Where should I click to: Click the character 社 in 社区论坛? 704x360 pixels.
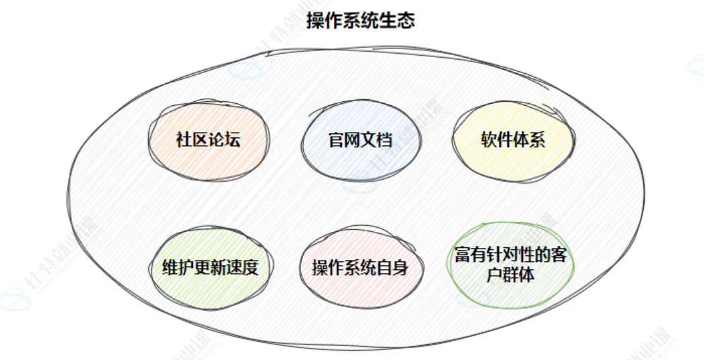[x=184, y=140]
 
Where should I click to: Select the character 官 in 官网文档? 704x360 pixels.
[x=336, y=140]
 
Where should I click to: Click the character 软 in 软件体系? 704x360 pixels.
[x=489, y=140]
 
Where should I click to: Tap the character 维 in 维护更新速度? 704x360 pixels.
[x=170, y=267]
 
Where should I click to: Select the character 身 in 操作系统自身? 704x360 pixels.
[x=400, y=267]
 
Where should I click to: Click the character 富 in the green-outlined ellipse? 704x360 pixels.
[x=463, y=256]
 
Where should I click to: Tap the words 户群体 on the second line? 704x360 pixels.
[x=513, y=274]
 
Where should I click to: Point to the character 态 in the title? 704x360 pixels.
[x=406, y=21]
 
